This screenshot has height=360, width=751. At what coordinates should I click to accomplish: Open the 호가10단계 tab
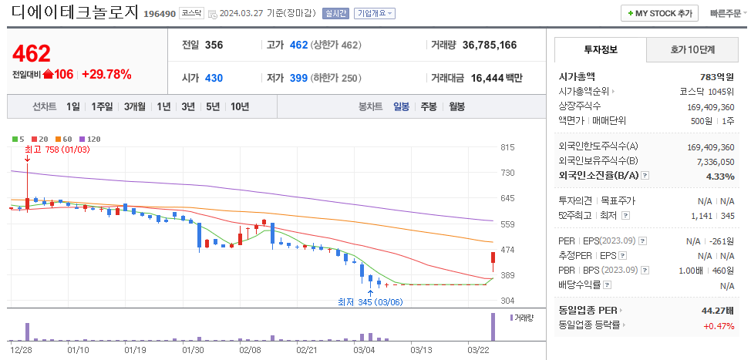click(692, 49)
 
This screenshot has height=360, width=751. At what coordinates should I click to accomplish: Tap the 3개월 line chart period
click(134, 106)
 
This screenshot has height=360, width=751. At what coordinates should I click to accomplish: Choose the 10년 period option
click(239, 106)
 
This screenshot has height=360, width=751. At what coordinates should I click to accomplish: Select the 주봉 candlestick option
click(428, 106)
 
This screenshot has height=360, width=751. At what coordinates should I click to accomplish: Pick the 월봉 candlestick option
click(456, 106)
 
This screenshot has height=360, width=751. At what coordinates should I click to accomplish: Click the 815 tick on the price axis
click(507, 147)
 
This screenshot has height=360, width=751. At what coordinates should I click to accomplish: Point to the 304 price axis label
click(507, 301)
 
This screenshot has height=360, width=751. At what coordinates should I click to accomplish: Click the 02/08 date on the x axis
click(250, 349)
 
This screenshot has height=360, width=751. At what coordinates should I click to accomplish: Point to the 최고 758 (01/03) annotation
click(57, 150)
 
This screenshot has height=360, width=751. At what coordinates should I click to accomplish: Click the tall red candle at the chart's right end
click(493, 262)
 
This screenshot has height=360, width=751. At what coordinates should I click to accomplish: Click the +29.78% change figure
click(106, 74)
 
